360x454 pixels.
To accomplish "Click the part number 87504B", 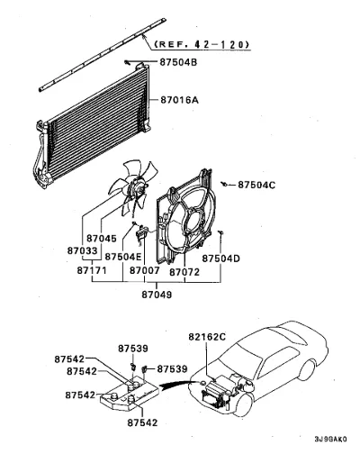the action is point(178,62).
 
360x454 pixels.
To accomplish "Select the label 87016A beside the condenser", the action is point(179,100).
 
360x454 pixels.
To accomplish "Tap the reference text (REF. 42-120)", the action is point(202,44).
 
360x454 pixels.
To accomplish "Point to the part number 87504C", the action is point(256,185).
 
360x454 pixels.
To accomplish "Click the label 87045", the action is point(102,239).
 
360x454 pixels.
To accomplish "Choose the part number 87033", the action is point(82,250).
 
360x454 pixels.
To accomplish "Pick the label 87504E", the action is point(123,257).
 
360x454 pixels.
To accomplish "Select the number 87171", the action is point(92,270).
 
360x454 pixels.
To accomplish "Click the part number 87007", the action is point(145,270).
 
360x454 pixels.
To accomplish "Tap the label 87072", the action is point(184,272).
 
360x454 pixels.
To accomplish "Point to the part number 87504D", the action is point(220,259).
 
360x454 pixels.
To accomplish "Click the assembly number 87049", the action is point(157,295).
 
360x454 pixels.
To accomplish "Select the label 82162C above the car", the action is point(207,337).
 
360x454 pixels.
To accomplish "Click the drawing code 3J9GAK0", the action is point(330,439).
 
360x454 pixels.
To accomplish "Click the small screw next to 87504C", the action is point(224,184).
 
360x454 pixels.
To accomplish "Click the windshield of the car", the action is point(239,358).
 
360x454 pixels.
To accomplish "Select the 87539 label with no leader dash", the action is point(133,349).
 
